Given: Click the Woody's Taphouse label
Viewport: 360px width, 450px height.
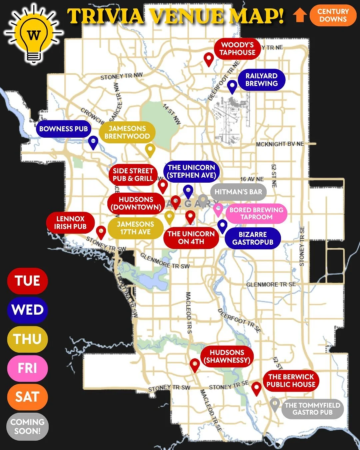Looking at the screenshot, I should pos(237,49).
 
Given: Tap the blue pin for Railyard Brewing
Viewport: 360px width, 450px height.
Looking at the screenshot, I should pos(232,86).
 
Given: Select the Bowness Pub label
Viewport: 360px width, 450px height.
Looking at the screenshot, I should pos(63,129).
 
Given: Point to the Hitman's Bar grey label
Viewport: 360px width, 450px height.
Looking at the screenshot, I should pos(238,192).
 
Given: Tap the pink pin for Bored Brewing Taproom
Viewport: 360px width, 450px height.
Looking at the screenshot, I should pos(218,209).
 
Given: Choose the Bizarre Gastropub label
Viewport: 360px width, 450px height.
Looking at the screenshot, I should pos(253,238).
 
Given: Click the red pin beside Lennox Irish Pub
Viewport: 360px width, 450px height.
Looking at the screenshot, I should pos(101,231).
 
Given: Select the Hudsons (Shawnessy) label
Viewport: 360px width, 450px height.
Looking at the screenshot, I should pos(227,356).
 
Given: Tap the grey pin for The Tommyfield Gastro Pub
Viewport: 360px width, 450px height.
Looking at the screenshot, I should pos(274,404).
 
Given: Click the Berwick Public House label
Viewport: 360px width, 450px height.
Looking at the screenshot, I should pos(291,381).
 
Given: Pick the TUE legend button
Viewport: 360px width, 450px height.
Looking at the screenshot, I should pos(27,281).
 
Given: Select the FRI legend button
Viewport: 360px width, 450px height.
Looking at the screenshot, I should pos(27,368).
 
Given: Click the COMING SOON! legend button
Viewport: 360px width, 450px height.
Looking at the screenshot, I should pos(27,426).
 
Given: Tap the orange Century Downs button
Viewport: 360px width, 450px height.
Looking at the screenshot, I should pos(333,15).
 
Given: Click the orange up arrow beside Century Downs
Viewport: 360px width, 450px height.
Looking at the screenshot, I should pos(300,15).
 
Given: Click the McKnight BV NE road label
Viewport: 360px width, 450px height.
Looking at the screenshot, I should pos(280,144).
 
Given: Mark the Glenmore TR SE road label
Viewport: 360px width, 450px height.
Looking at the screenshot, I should pos(271,284).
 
